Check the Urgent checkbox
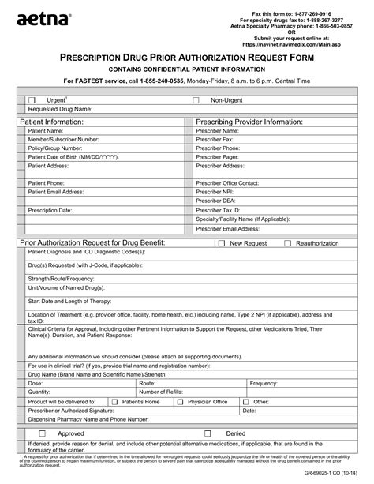(32, 100)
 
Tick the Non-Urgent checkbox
(196, 100)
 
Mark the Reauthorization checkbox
(287, 243)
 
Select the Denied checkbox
(208, 433)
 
